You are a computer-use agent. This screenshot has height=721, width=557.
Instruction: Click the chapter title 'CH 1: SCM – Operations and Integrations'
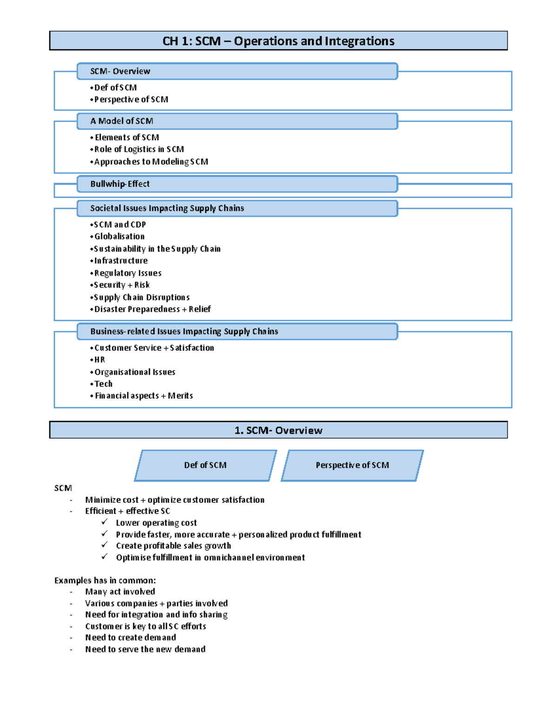coord(278,41)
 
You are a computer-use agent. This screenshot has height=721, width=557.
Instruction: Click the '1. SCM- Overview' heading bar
coord(278,430)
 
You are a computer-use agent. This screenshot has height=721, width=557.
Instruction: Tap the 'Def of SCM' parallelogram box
coord(205,465)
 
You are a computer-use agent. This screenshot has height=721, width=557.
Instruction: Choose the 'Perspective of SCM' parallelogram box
coord(352,465)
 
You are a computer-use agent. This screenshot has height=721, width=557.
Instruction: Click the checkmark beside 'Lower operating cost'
coord(104,522)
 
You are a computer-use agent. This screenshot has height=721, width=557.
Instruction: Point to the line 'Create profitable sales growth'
coord(173,546)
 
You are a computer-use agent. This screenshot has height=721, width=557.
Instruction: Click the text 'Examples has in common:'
coord(105,580)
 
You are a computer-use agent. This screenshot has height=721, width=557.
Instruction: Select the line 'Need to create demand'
coord(130,637)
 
